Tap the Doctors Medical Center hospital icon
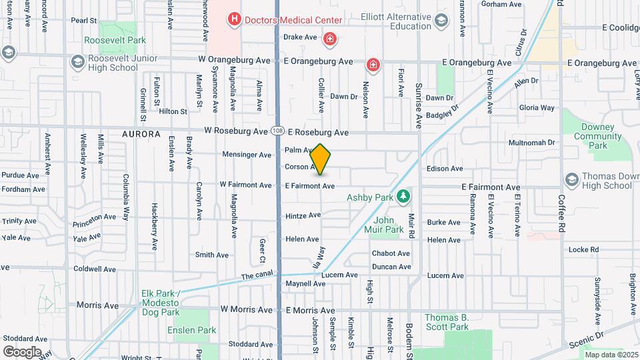[x=234, y=20]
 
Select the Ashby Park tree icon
[x=403, y=196]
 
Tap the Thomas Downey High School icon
[x=571, y=179]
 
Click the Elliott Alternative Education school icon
[x=441, y=21]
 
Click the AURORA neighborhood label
[x=141, y=134]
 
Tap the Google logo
[x=22, y=351]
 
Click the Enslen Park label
[x=197, y=330]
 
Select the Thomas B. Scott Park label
[x=447, y=322]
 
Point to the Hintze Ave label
[x=303, y=215]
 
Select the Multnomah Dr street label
[x=531, y=143]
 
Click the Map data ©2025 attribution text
[x=611, y=354]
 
